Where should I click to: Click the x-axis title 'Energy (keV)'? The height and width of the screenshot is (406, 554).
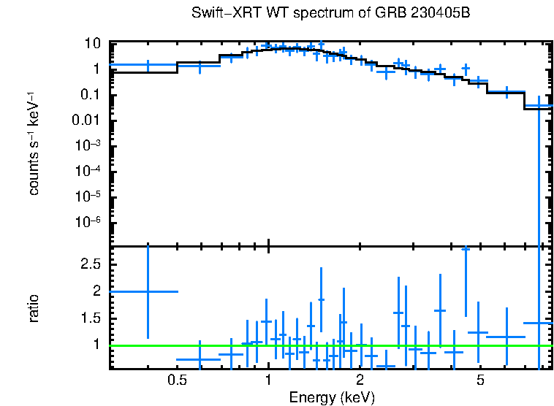332,397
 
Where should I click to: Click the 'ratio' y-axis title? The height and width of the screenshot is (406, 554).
34,308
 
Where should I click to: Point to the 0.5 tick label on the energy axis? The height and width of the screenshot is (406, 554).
176,380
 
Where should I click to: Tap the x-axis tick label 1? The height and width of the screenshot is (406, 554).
269,380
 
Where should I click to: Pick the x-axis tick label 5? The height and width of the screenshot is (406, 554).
480,380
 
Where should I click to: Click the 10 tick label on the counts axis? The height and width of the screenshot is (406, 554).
91,44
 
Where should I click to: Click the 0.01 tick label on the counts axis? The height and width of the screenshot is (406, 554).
86,120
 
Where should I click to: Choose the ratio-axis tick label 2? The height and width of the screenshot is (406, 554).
96,291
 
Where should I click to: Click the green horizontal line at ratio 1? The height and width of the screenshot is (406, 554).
329,345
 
